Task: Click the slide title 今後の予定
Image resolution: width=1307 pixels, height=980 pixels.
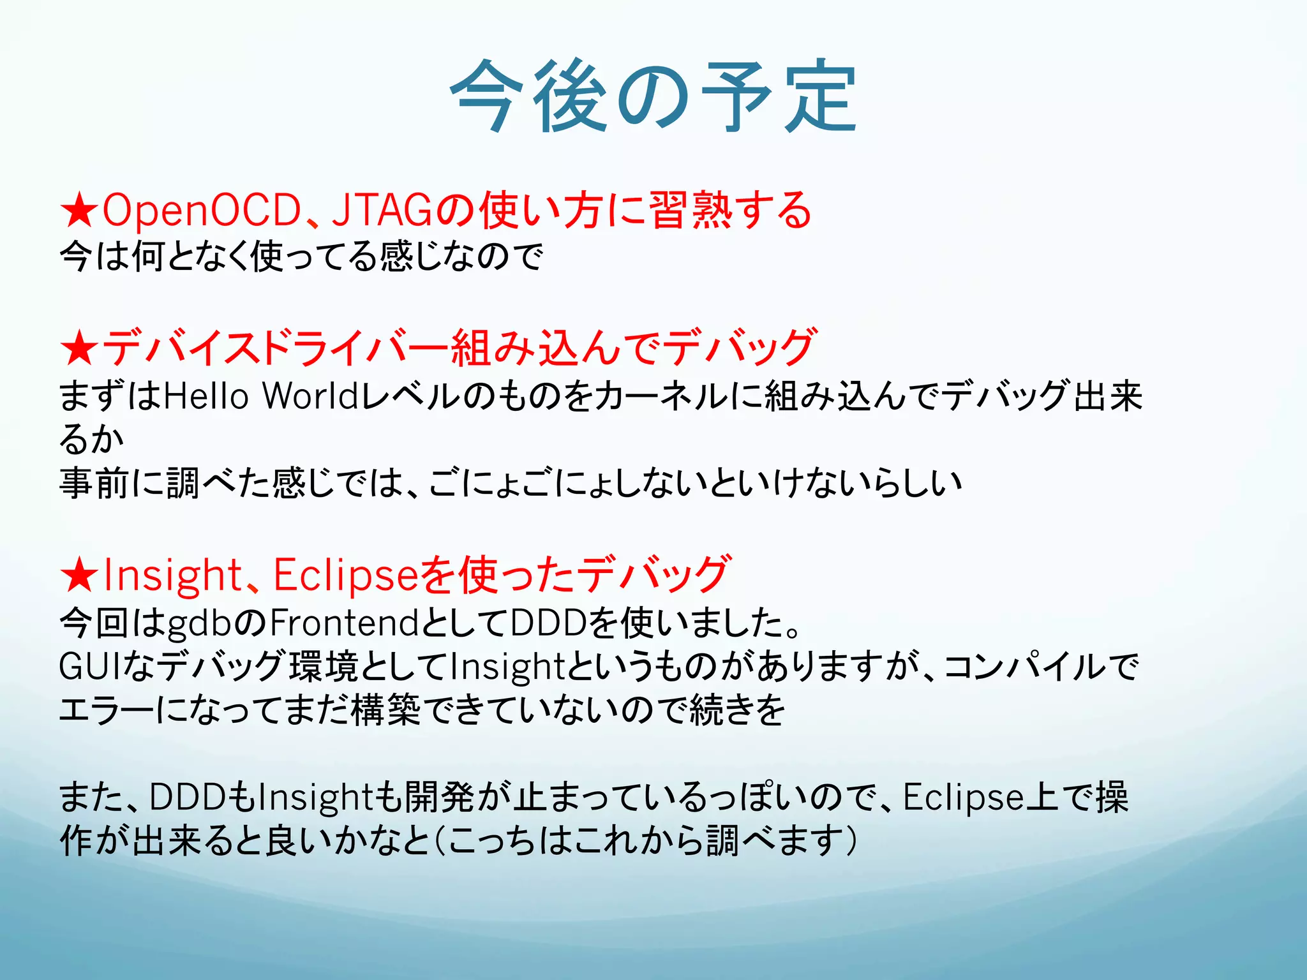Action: tap(653, 97)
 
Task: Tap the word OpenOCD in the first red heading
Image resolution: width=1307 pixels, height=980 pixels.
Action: tap(202, 211)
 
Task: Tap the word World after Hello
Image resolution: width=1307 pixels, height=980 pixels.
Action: tap(311, 396)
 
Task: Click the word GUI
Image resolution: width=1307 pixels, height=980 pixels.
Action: tap(87, 667)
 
